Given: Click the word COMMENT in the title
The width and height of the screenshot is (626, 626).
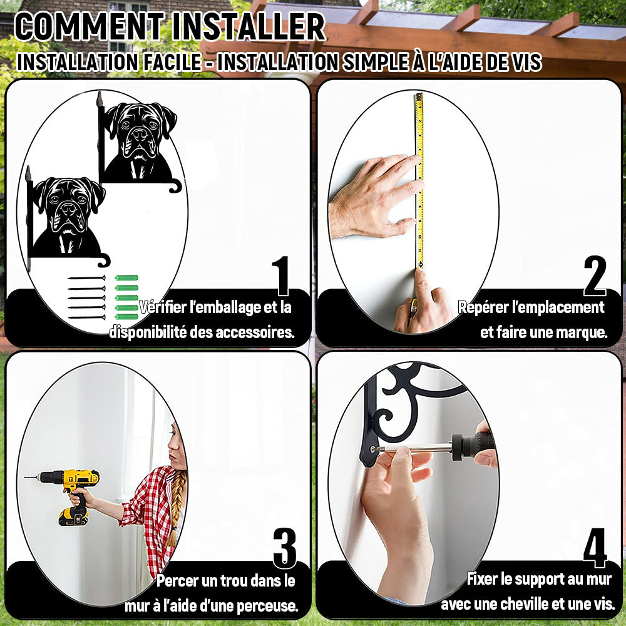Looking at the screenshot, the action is click(x=89, y=27).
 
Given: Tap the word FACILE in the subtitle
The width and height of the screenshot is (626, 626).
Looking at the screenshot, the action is click(x=172, y=62).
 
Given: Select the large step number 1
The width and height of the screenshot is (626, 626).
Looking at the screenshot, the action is click(x=281, y=276).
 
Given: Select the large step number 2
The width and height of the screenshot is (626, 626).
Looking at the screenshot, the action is click(x=595, y=276).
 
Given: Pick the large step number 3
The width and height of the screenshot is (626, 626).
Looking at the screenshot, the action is click(x=285, y=548).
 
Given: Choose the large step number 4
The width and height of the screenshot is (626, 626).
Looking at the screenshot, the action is click(x=595, y=548).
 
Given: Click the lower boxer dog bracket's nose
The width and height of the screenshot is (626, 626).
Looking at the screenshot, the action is click(x=68, y=208).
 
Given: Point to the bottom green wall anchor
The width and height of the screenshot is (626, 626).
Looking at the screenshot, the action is click(x=126, y=317).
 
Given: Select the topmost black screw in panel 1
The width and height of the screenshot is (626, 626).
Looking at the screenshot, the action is click(x=86, y=278).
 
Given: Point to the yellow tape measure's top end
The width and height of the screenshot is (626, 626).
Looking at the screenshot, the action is click(x=419, y=96).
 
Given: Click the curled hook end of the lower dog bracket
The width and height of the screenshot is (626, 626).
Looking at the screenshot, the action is click(x=105, y=261).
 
